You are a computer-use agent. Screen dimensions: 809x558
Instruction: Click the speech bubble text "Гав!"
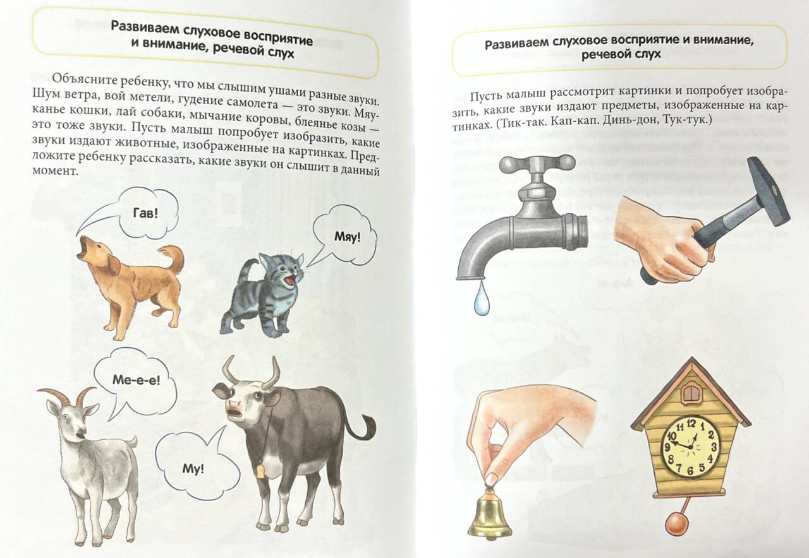point(145,213)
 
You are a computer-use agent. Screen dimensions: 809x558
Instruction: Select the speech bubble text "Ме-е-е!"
point(136,379)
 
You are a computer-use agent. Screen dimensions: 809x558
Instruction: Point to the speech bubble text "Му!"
point(193,468)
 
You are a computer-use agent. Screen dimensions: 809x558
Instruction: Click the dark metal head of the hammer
point(767,191)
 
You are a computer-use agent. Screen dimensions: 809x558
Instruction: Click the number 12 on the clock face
point(691,423)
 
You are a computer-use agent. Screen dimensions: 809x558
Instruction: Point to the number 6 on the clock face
point(690,471)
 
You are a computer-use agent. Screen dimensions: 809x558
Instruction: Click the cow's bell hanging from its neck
point(260,470)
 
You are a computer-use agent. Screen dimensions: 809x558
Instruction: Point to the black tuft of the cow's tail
point(368,429)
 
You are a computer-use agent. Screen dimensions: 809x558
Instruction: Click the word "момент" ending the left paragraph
point(55,170)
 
